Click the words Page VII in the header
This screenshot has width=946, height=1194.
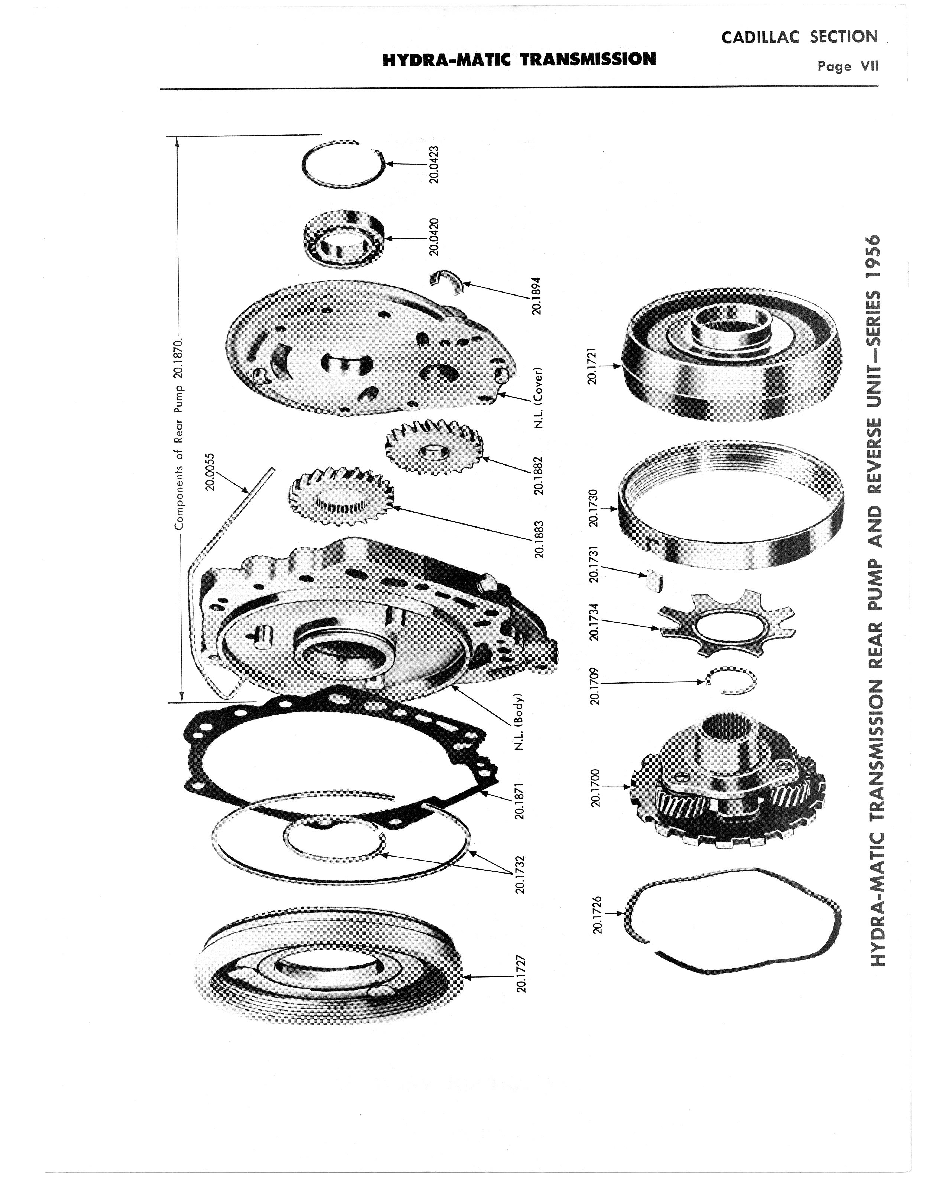(x=848, y=66)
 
